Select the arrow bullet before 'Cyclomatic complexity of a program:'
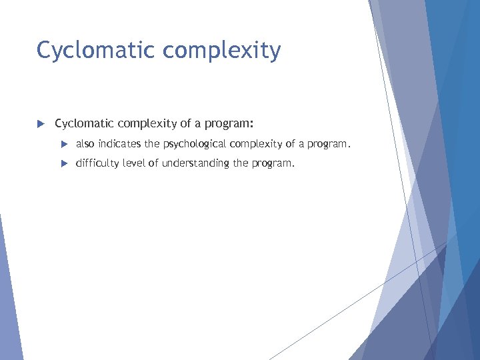point(40,124)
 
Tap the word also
point(85,143)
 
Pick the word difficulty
point(99,163)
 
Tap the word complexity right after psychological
point(253,144)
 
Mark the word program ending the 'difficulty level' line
point(272,163)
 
